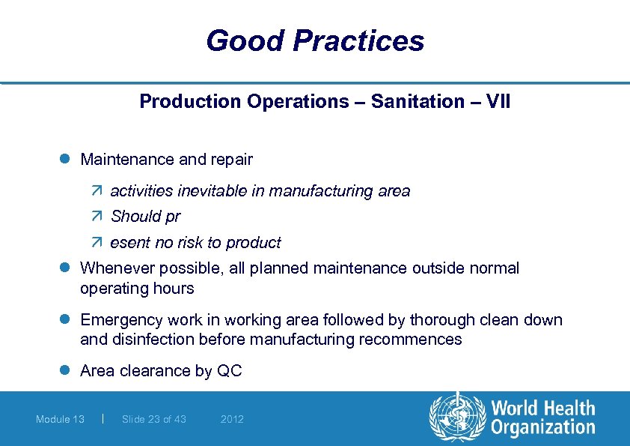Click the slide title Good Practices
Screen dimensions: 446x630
click(315, 40)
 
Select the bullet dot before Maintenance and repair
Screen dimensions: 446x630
click(65, 160)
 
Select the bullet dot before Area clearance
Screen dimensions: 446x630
click(65, 371)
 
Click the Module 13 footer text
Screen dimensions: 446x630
click(60, 419)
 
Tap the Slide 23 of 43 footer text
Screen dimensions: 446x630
click(153, 419)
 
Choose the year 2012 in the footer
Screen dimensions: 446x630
click(232, 419)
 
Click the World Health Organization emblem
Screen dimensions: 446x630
click(456, 418)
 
